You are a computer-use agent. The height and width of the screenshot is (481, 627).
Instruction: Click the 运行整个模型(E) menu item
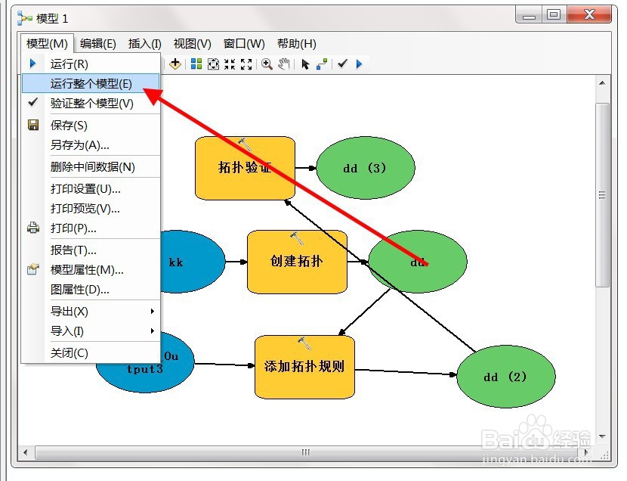91,84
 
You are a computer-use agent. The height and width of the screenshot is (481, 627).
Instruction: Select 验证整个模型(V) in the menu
91,104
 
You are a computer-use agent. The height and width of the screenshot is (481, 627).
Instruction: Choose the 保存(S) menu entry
69,126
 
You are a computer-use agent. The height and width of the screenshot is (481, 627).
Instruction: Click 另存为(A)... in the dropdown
79,145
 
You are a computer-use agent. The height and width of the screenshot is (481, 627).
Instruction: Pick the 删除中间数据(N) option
92,167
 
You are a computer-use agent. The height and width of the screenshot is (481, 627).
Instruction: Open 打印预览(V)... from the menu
85,209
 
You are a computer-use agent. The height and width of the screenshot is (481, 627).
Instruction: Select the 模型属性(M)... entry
87,270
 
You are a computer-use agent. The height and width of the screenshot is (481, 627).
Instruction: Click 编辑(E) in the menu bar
98,44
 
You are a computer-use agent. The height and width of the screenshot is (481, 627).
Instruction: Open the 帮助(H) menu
297,44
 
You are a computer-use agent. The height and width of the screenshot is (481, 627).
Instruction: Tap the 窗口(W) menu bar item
244,44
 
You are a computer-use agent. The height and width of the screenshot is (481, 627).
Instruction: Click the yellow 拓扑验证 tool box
245,168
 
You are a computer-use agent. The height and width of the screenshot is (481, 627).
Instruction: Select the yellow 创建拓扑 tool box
297,262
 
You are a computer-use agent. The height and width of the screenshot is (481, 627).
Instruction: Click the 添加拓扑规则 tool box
304,367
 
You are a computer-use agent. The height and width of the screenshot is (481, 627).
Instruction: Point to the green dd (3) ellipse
366,168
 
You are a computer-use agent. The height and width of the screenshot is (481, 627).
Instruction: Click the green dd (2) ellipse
506,377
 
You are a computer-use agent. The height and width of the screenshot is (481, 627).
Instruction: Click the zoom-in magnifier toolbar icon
267,64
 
